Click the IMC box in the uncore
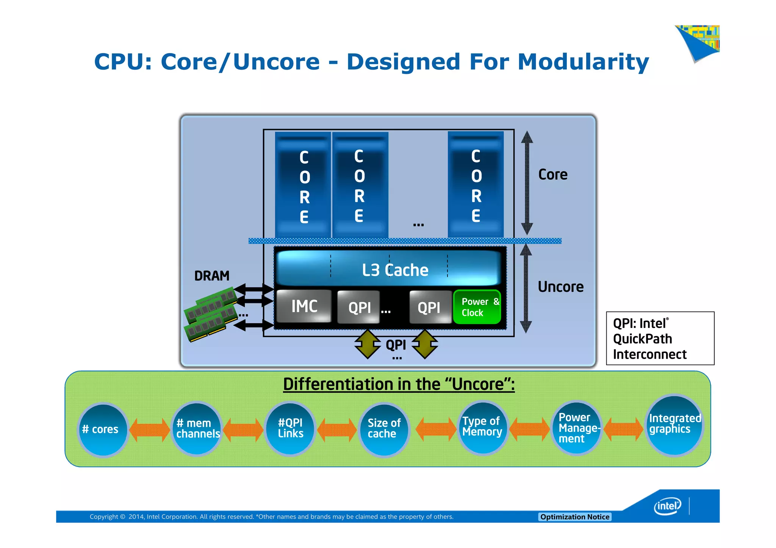(x=304, y=306)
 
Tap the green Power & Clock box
(x=477, y=307)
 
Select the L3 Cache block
(x=389, y=269)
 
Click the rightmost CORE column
(x=476, y=185)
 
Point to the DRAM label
(x=212, y=276)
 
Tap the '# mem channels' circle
(x=197, y=429)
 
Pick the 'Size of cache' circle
(x=384, y=429)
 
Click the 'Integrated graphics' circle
(x=674, y=425)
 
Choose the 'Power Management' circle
(x=577, y=428)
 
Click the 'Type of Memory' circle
(x=482, y=427)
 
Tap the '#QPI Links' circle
(x=291, y=428)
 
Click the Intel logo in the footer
(x=667, y=506)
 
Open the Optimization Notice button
(x=574, y=517)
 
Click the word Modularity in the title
(x=583, y=62)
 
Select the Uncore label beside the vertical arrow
(x=560, y=287)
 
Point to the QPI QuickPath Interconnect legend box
(x=660, y=338)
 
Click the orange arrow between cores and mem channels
(x=150, y=430)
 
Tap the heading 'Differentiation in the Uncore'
(x=399, y=384)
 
